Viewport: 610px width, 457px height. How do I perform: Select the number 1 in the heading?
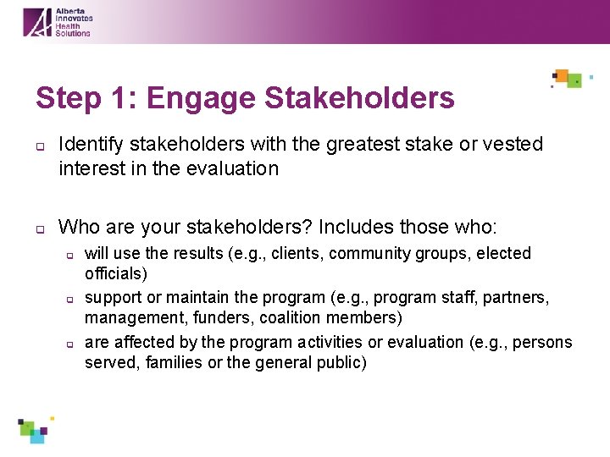coord(120,98)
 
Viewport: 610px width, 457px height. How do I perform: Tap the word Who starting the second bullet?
coord(79,228)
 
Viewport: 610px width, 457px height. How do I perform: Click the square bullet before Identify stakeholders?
coord(39,146)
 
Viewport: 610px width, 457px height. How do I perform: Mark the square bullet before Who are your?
coord(39,228)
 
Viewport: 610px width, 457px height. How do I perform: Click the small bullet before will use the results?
coord(71,254)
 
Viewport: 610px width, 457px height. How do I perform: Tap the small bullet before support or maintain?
coord(71,299)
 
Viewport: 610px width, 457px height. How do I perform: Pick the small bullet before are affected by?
coord(71,344)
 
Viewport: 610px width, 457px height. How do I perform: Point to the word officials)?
coord(115,274)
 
